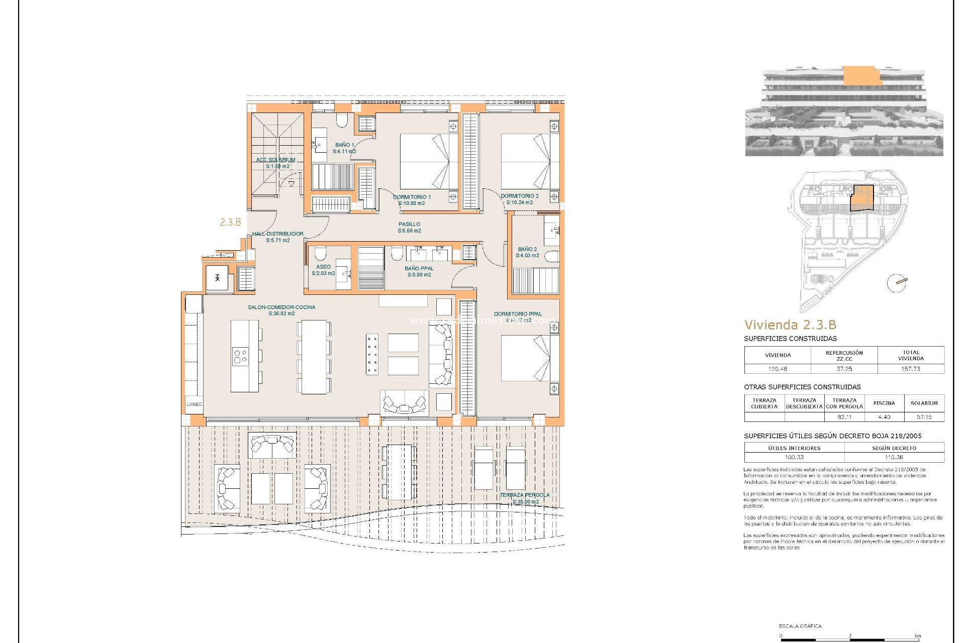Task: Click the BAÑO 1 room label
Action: (344, 145)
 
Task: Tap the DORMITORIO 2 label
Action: (519, 196)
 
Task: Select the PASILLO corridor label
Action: (409, 225)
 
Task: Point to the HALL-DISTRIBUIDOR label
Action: (277, 234)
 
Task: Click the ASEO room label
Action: (323, 267)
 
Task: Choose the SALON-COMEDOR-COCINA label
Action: (281, 307)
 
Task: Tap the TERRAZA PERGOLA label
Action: (525, 495)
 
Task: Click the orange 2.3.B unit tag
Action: (230, 222)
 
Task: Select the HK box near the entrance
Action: (217, 278)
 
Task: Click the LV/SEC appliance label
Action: (194, 404)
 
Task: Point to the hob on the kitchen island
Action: (240, 357)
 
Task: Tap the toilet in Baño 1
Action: (342, 120)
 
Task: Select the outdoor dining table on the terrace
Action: (399, 472)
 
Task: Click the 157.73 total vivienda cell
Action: (910, 369)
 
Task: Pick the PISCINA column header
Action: (884, 403)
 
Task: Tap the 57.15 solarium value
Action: (924, 417)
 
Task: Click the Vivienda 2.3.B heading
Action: (790, 325)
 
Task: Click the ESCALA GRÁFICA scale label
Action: (800, 626)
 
